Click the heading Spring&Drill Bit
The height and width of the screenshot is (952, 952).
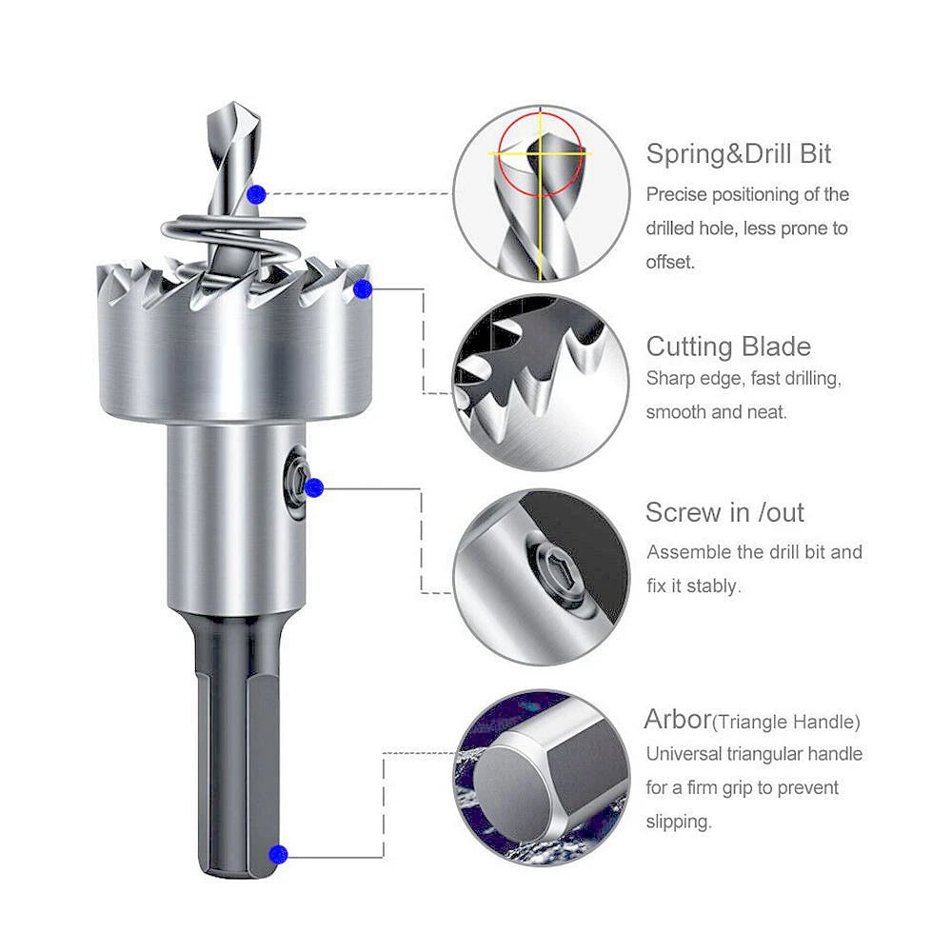[739, 153]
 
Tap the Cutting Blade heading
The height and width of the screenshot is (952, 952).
[728, 347]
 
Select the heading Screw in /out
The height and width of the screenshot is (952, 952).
[724, 512]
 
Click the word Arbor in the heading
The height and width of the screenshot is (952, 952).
[678, 719]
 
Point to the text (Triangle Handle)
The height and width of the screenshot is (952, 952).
[786, 722]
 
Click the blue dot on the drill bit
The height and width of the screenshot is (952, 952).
[256, 194]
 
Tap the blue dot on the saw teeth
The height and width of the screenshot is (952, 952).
[363, 289]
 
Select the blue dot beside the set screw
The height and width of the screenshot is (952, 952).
[314, 487]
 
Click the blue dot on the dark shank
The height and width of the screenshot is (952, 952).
[278, 854]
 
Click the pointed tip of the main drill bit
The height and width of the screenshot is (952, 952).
[234, 103]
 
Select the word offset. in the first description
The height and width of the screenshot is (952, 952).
[669, 263]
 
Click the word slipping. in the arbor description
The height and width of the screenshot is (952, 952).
[678, 823]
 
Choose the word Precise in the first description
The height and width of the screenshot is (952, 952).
[676, 194]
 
